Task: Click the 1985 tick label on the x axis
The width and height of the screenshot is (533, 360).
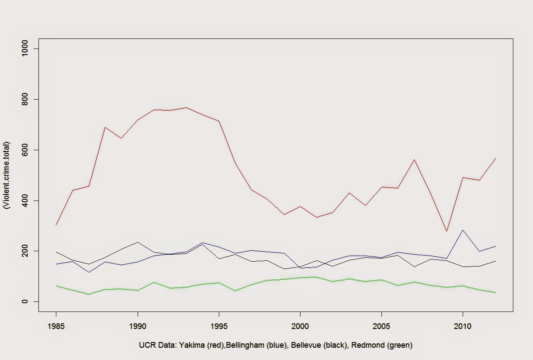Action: [x=56, y=326]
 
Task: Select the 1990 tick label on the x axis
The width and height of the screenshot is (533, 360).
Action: [x=138, y=326]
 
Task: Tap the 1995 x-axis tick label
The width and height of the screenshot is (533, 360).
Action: [x=219, y=326]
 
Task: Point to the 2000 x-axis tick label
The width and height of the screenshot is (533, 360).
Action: [x=300, y=326]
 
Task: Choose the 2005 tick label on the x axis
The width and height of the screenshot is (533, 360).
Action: [x=381, y=326]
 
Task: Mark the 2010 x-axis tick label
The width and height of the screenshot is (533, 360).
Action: [x=463, y=326]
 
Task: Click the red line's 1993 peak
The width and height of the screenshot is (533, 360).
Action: [x=186, y=107]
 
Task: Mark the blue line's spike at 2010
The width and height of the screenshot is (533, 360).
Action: [x=463, y=230]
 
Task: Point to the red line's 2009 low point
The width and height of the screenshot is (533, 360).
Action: [x=446, y=231]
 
